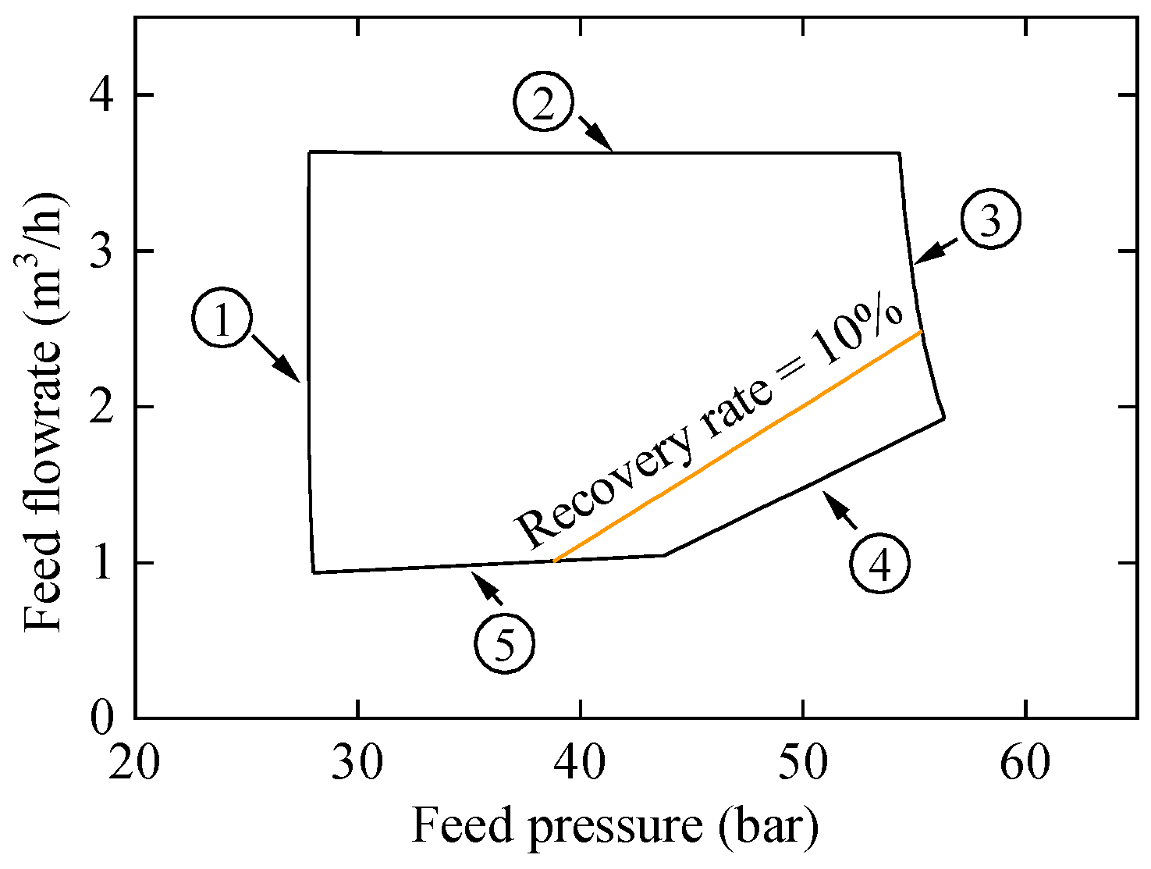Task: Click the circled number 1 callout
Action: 222,320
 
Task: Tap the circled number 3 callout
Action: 990,219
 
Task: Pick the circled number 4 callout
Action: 880,564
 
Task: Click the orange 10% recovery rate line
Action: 737,447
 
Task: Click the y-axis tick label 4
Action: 103,95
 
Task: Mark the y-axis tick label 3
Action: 103,251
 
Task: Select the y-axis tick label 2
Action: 103,407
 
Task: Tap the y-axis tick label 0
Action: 103,718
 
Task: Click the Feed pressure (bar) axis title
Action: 614,826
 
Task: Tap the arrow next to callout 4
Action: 840,511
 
